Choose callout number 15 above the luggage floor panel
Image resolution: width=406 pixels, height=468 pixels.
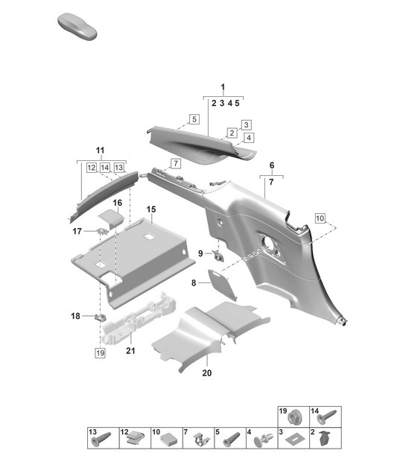tap(150, 211)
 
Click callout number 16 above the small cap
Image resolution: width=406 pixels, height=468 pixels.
tap(118, 203)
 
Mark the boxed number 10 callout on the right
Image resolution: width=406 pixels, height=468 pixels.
tap(320, 218)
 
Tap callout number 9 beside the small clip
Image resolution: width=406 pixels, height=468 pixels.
tap(200, 254)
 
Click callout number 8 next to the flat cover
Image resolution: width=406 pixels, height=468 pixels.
tap(194, 283)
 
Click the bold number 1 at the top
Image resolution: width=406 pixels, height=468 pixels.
tap(223, 88)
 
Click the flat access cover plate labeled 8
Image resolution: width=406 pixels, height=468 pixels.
tap(223, 286)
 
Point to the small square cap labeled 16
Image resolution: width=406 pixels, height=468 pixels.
tap(112, 217)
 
